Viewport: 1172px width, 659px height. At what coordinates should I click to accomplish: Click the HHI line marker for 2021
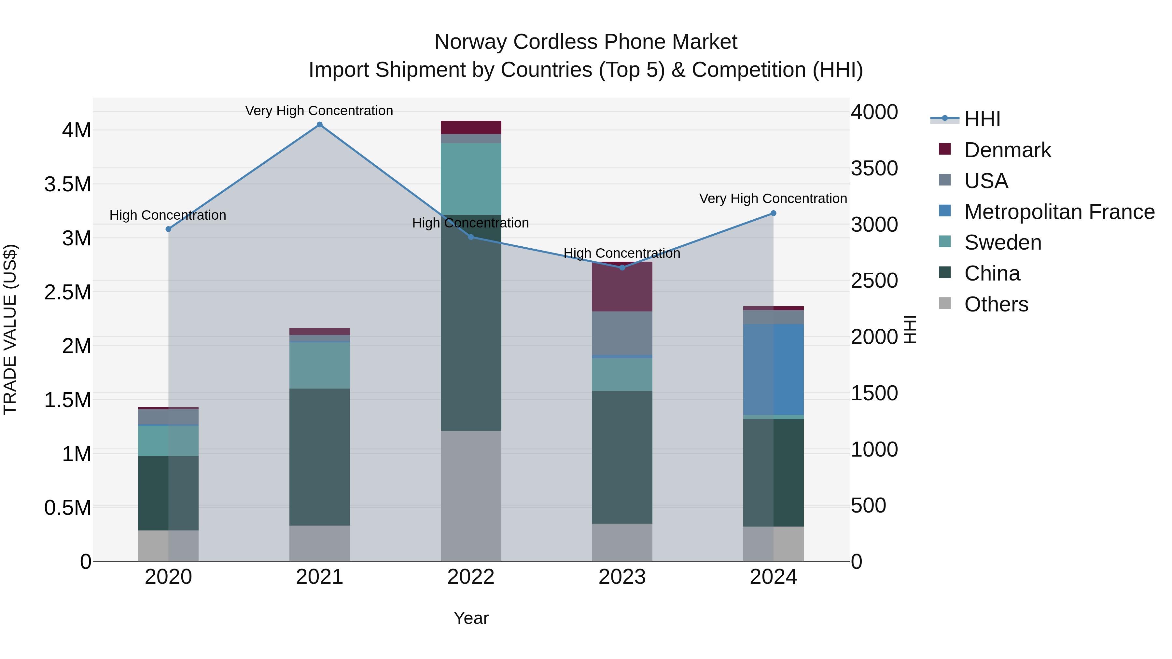coord(319,125)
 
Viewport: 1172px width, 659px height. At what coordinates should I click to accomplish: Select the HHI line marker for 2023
coord(622,268)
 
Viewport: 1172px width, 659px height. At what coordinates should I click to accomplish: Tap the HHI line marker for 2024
coord(773,213)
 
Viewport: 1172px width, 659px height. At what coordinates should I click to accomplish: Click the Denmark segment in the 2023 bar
coord(622,286)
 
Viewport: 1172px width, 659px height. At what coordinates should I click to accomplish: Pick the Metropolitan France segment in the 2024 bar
coord(773,369)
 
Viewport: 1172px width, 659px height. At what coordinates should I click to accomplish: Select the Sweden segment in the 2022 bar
coord(471,179)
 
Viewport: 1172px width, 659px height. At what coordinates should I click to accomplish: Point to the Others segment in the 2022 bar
coord(471,496)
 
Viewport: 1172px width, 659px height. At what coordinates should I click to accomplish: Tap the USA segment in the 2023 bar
coord(622,333)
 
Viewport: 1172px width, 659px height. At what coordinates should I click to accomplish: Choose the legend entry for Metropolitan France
coord(1059,212)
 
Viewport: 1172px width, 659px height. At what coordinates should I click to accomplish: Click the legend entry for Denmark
coord(1007,150)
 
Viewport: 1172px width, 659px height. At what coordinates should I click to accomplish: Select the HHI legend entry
coord(982,119)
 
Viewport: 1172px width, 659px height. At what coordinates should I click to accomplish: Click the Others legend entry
coord(996,304)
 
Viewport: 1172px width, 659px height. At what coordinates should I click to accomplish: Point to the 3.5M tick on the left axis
coord(68,185)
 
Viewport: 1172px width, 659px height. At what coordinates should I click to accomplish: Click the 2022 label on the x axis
coord(471,577)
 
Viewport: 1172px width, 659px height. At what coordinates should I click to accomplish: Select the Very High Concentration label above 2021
coord(319,111)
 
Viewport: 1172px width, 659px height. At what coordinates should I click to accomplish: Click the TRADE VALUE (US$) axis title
coord(10,329)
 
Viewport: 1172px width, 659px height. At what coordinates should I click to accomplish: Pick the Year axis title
coord(471,618)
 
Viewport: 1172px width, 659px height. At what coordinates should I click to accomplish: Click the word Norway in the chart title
coord(470,42)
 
